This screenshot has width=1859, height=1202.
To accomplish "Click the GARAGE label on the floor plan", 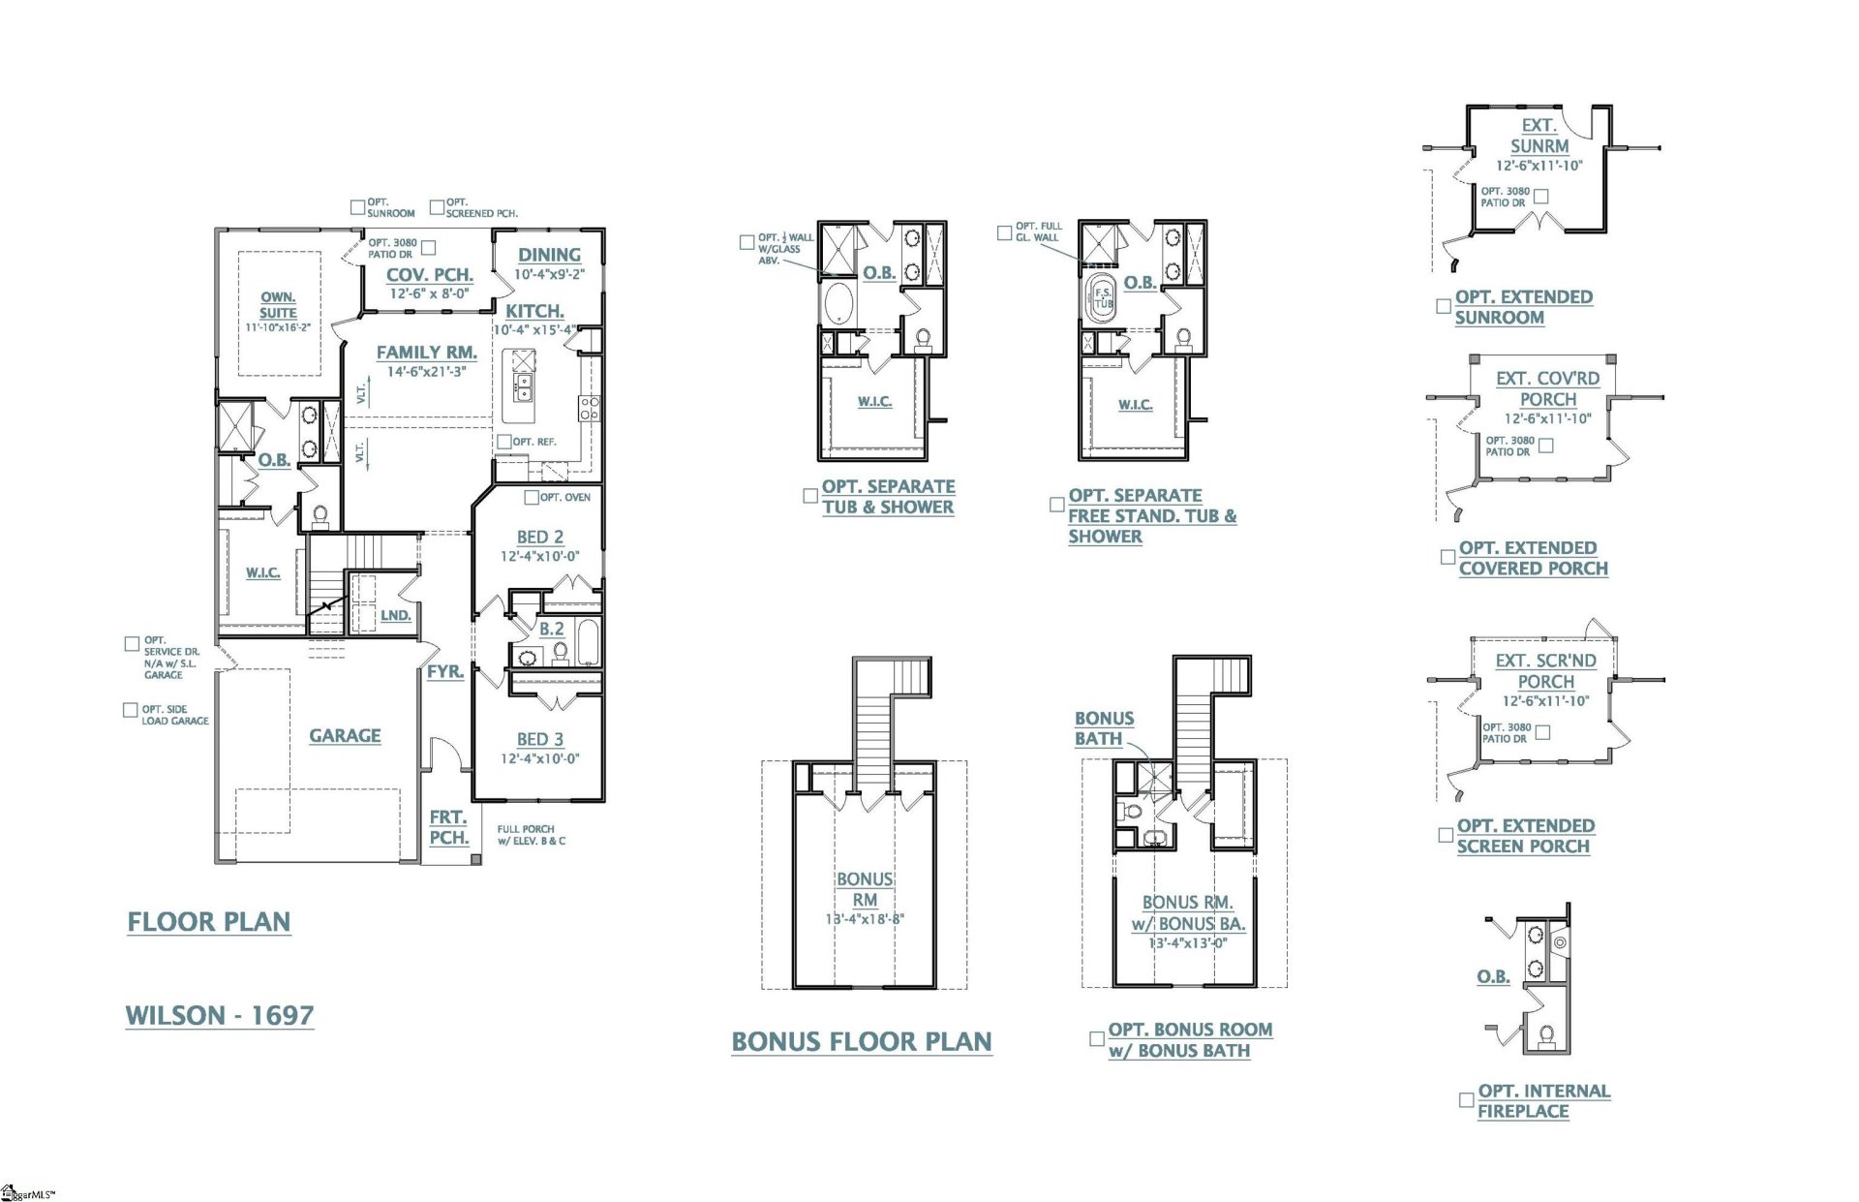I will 345,735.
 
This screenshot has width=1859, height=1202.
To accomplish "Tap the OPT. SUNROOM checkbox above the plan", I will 357,207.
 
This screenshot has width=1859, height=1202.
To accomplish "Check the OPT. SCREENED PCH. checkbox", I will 437,207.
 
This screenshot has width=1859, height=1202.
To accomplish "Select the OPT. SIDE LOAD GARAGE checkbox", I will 131,710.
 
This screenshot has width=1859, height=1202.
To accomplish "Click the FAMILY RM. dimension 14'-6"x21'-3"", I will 426,372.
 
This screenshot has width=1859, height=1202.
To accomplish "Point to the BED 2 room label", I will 539,537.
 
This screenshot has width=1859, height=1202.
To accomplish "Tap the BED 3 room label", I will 539,739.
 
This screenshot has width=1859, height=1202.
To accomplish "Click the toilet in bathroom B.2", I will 560,653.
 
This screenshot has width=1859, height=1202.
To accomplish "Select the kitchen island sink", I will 523,387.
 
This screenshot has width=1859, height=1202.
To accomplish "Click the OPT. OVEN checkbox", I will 532,497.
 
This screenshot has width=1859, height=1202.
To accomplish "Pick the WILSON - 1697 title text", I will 220,1015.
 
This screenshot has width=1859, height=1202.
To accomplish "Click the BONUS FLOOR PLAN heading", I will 861,1041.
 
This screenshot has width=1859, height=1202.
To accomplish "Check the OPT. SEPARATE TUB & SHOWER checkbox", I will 810,496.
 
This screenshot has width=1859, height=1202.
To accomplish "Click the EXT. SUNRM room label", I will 1539,136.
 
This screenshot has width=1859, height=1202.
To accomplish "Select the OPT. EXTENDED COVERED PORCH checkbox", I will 1448,557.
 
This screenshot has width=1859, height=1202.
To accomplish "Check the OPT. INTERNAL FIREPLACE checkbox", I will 1466,1100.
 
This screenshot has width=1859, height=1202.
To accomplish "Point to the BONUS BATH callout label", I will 1104,728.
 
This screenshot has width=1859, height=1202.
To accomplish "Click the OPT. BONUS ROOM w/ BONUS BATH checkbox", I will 1097,1038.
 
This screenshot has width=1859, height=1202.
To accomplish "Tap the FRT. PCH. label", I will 448,827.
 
